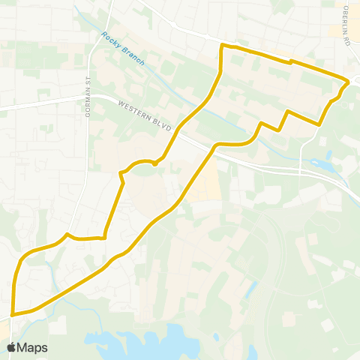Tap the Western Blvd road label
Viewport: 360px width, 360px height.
pos(143,115)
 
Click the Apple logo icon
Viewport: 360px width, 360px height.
pos(11,347)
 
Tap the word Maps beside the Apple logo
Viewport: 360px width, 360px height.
pos(32,347)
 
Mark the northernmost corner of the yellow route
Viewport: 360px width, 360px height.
pos(221,46)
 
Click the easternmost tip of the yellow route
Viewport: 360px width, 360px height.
pos(349,82)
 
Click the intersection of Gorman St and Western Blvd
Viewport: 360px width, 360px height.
pos(89,96)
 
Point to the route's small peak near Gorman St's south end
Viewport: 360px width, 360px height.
pos(67,234)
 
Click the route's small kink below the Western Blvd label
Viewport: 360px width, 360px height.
pos(155,163)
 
